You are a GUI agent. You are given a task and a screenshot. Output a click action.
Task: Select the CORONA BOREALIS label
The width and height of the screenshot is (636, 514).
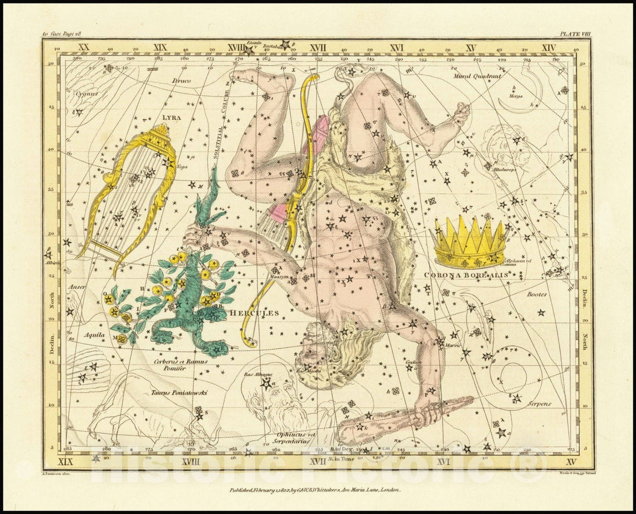click(x=465, y=274)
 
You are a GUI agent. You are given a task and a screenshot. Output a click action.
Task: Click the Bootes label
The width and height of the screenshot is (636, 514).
click(x=536, y=294)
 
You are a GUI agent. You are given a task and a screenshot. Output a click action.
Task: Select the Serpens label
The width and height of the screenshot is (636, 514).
click(x=539, y=404)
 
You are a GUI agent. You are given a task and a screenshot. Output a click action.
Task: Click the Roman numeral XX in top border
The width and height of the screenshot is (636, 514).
click(x=84, y=47)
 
